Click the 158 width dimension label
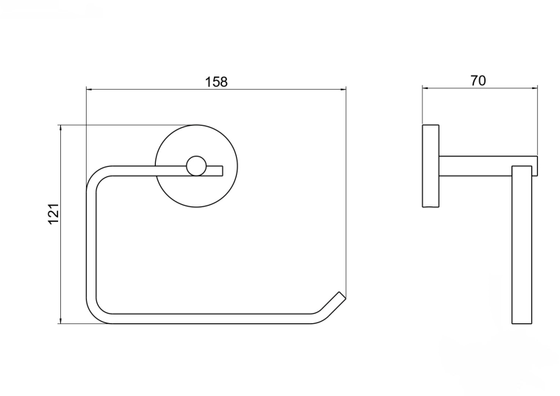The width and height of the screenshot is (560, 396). (216, 82)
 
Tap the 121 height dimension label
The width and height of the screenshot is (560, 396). (53, 214)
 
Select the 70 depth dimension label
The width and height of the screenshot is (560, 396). (478, 81)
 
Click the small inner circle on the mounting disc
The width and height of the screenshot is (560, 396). (196, 166)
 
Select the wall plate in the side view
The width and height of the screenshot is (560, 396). (431, 166)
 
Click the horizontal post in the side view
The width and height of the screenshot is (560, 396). (488, 166)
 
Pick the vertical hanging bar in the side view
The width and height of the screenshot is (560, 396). (522, 245)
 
